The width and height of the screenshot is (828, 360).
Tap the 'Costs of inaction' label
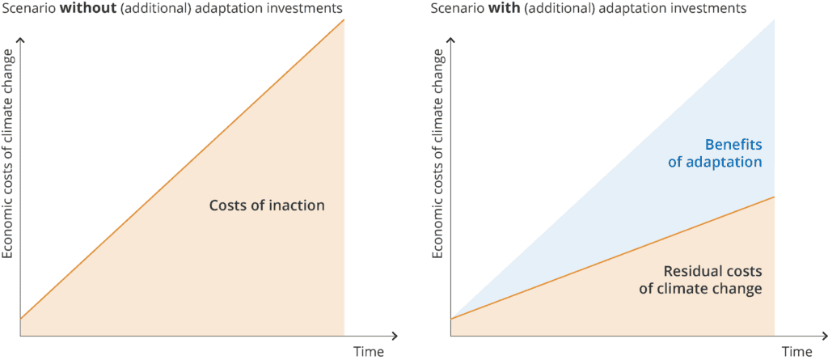point(267,205)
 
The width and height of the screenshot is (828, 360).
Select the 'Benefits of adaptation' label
point(715,154)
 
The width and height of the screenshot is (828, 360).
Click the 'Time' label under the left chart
point(369,352)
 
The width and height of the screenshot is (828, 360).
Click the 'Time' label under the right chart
point(796,352)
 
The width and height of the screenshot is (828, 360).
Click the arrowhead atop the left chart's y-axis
point(20,40)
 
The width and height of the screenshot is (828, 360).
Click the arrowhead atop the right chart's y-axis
point(450,40)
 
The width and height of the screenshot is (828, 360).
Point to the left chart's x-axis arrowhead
point(395,336)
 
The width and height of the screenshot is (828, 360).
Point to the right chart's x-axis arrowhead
point(824,336)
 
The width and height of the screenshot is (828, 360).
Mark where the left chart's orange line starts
point(20,319)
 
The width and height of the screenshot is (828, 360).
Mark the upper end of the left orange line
point(344,19)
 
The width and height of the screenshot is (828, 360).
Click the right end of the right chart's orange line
point(774,197)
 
